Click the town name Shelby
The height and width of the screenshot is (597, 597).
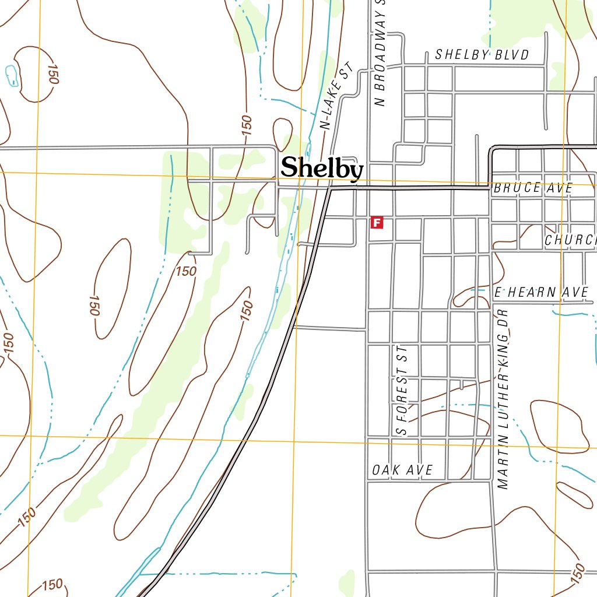322,168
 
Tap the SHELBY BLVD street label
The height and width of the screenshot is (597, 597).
482,55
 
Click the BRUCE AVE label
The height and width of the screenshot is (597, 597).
533,189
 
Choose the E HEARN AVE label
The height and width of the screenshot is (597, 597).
541,292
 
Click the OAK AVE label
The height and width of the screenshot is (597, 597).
402,470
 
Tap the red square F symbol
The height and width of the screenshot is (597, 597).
377,222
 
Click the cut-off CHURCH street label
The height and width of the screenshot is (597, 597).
570,240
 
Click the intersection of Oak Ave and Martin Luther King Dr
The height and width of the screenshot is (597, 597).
493,481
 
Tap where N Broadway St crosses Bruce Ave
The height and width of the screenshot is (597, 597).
368,189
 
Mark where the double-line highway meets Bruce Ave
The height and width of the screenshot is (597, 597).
330,189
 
